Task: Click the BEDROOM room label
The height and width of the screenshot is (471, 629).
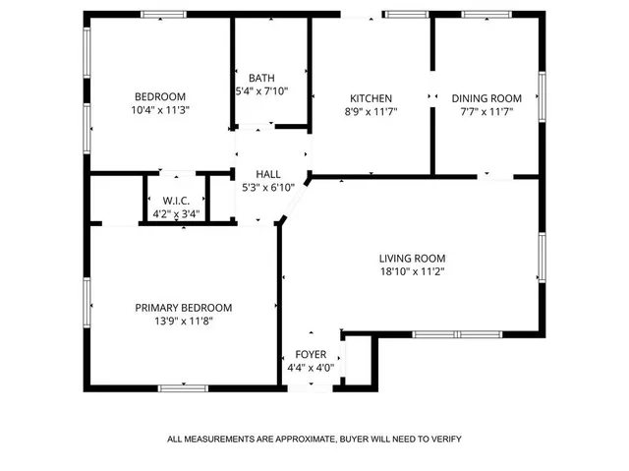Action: [x=160, y=96]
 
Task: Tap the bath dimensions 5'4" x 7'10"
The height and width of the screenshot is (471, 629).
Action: [x=261, y=91]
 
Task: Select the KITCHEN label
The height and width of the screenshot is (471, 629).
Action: [x=372, y=98]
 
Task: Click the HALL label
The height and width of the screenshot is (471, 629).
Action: [x=268, y=174]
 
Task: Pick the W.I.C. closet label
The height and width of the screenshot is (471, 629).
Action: [x=177, y=201]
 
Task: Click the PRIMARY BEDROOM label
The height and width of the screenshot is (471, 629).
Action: [x=184, y=308]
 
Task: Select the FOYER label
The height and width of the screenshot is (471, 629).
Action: [x=311, y=355]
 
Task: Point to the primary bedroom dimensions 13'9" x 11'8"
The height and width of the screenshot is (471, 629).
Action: [x=184, y=321]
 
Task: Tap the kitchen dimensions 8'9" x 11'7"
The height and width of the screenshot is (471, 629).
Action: [x=372, y=111]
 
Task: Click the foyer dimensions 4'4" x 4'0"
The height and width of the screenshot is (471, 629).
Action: [x=311, y=368]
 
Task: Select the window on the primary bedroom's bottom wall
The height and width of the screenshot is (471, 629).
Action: [x=183, y=387]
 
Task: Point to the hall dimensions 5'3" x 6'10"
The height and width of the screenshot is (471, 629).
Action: [x=268, y=187]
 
